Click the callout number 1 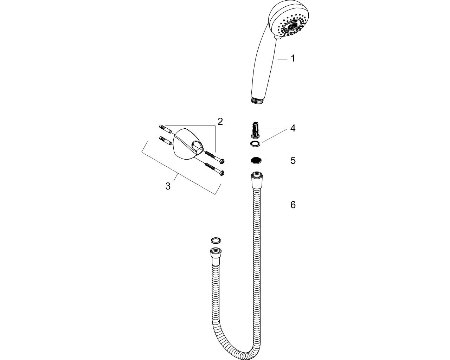click(x=293, y=58)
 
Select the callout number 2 click(x=220, y=121)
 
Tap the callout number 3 click(x=168, y=186)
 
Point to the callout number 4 click(x=293, y=128)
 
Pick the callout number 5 click(x=293, y=160)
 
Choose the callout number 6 click(x=293, y=205)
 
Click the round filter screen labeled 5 click(x=256, y=160)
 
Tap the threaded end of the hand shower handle click(x=258, y=101)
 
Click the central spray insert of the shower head click(x=291, y=28)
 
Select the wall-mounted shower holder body click(x=188, y=144)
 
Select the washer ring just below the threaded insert click(x=255, y=144)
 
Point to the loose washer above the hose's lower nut click(x=216, y=240)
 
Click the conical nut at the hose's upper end click(x=256, y=180)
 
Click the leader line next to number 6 click(x=275, y=205)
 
